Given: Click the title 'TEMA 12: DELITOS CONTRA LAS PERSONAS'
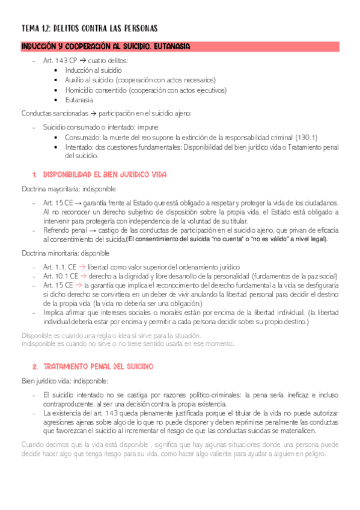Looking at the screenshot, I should [89, 28].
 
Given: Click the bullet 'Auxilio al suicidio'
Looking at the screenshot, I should [94, 80].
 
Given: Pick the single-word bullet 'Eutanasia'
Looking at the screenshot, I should [79, 100].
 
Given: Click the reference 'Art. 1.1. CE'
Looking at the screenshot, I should [59, 267].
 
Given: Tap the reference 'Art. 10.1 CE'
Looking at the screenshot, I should [60, 275].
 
